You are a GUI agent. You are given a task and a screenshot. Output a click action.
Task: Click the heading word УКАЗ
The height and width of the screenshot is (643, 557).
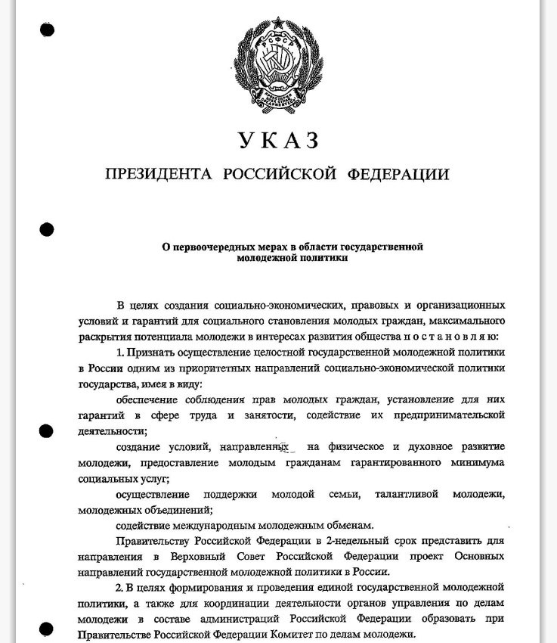278,141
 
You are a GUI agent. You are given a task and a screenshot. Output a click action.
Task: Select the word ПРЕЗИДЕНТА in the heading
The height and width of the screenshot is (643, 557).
159,175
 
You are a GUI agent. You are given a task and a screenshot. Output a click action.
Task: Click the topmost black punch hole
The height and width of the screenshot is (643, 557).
48,30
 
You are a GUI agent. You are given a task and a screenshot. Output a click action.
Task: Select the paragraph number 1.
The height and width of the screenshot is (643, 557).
119,353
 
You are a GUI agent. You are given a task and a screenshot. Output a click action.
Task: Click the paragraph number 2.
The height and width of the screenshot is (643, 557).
119,588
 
